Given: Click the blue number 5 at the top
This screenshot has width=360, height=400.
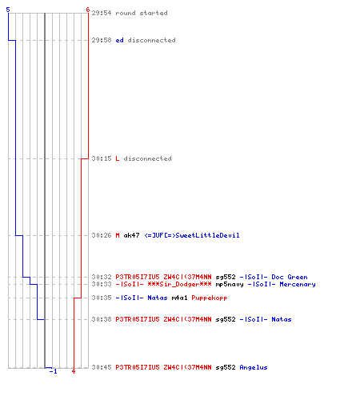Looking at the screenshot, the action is coord(8,10).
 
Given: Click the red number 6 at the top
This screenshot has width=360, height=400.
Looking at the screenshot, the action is coord(88,10).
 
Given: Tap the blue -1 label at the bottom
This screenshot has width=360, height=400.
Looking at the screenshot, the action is coord(54,371).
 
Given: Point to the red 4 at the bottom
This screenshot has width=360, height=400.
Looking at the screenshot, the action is coord(74,371).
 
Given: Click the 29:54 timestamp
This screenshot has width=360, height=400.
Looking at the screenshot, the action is coord(102,13).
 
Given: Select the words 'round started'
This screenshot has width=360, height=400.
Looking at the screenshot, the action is coord(142,13).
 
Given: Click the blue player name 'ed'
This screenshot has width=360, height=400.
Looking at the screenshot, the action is coord(119,40).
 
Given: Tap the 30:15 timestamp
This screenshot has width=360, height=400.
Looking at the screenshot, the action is coord(102,158).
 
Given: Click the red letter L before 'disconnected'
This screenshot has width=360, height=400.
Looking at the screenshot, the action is coord(118,158).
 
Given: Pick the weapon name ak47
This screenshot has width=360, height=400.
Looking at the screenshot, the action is coord(131,235).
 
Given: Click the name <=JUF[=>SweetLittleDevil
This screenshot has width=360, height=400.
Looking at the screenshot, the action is coord(192,235).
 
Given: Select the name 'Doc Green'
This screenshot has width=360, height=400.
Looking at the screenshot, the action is coord(290,277).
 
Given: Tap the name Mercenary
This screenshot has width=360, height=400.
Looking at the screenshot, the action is coord(298,284).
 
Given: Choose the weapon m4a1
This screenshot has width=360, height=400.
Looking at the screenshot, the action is coord(179,298).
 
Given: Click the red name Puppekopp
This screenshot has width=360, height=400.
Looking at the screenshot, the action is coord(210,298).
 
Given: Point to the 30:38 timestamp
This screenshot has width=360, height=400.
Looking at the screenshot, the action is coord(102,319).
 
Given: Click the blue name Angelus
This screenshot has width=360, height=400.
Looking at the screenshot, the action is coord(254,367).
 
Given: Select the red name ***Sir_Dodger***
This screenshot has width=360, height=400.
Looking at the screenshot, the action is coord(179,284).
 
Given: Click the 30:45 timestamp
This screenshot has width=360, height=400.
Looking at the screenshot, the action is coord(102,367).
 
